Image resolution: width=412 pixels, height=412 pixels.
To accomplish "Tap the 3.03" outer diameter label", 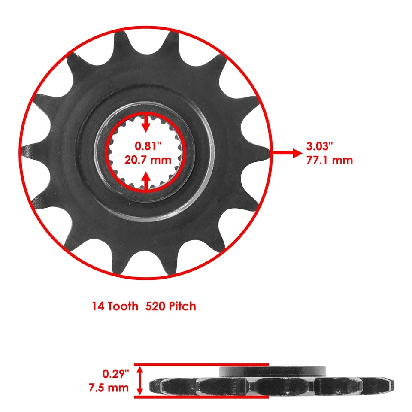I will pyautogui.click(x=321, y=146).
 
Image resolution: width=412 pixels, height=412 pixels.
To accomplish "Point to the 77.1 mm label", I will pyautogui.click(x=330, y=160).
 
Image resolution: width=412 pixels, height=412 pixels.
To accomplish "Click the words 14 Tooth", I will pyautogui.click(x=115, y=306).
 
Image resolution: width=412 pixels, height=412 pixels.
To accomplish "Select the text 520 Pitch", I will pyautogui.click(x=171, y=306).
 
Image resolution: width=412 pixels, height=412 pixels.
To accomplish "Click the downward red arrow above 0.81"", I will pyautogui.click(x=146, y=124).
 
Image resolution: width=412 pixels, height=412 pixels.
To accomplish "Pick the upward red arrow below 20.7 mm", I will pyautogui.click(x=146, y=180).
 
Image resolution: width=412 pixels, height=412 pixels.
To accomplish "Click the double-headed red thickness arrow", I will pyautogui.click(x=140, y=380).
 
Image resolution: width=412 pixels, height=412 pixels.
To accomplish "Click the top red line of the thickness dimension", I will pyautogui.click(x=202, y=364).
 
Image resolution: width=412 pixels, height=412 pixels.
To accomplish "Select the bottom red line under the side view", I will pyautogui.click(x=202, y=397).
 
